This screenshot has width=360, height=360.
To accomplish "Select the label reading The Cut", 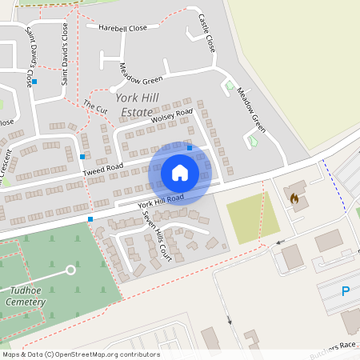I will tap(95, 106).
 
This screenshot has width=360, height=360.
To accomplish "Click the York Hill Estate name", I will tap(133, 105).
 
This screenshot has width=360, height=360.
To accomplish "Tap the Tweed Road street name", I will tap(102, 167).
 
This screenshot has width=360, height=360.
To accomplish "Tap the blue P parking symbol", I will tap(346, 292).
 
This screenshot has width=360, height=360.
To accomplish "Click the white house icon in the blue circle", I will tap(180, 172).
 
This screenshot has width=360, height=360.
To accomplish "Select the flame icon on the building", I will tap(294, 198).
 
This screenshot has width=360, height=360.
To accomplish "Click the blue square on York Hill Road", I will tap(90, 218).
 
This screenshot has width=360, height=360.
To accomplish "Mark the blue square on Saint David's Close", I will tap(34, 82).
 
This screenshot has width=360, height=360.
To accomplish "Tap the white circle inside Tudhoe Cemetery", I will tap(70, 270).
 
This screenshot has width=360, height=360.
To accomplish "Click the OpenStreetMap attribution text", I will tap(81, 354).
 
